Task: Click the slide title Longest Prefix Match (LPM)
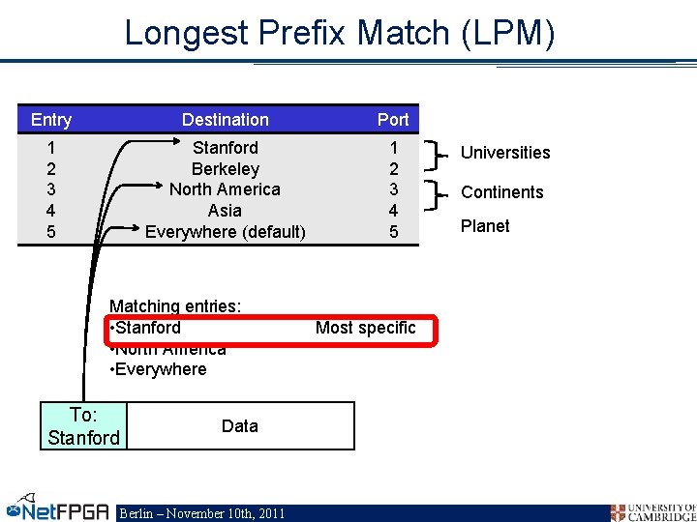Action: click(340, 34)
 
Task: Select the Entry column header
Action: click(51, 120)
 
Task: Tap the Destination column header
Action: click(226, 120)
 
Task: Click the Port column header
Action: click(393, 120)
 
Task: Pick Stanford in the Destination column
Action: click(226, 148)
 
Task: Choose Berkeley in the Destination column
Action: click(226, 169)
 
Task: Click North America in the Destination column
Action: click(225, 189)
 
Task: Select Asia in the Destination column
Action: click(225, 211)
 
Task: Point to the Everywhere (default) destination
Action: click(226, 232)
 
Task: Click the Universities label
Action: click(504, 153)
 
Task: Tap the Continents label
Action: click(501, 192)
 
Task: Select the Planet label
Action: click(485, 226)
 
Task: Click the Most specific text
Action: click(365, 328)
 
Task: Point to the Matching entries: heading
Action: click(175, 306)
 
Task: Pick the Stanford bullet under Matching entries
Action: click(146, 328)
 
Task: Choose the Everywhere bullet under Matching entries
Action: click(159, 369)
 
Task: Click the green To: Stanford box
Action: click(83, 426)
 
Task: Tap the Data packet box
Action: click(240, 426)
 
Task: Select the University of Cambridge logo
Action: click(652, 511)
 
